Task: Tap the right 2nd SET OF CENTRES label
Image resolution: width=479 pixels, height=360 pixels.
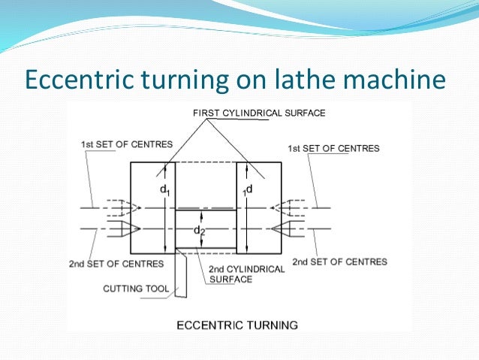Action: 339,262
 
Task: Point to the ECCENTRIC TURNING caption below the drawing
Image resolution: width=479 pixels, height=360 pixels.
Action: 236,325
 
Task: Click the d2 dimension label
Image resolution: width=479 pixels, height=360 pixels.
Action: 200,230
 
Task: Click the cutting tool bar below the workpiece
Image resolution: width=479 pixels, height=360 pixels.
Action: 181,274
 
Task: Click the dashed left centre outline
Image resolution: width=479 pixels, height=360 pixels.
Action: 118,207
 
